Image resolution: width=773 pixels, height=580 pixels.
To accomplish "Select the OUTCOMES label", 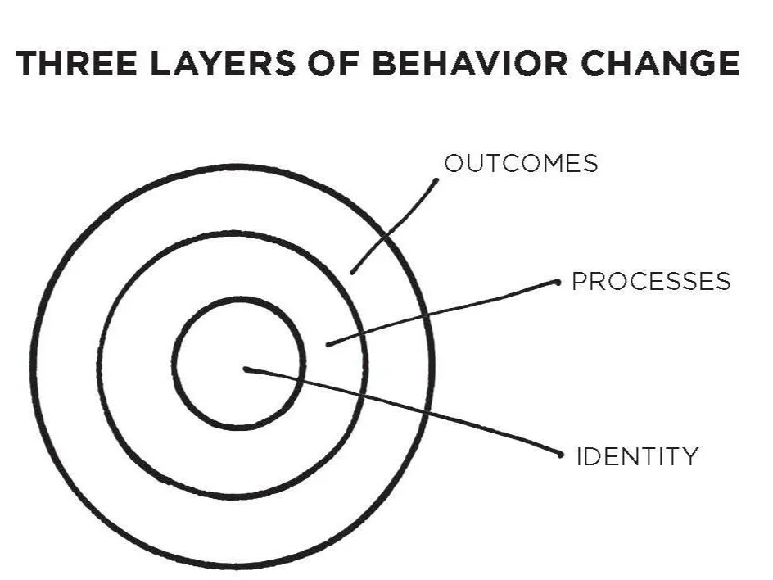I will [521, 163].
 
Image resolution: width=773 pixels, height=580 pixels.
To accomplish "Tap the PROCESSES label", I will [651, 281].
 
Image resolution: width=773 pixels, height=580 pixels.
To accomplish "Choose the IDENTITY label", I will [638, 455].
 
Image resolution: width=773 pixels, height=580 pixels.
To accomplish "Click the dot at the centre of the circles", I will [246, 369].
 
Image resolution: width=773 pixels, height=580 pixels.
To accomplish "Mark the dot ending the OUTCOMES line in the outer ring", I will [352, 271].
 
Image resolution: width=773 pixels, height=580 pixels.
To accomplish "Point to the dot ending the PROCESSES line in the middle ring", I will [328, 344].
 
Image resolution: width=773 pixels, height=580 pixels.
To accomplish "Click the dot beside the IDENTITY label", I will [561, 454].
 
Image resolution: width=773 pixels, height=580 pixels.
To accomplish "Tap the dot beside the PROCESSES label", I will [557, 282].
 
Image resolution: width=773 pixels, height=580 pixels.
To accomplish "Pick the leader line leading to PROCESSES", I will [442, 313].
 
